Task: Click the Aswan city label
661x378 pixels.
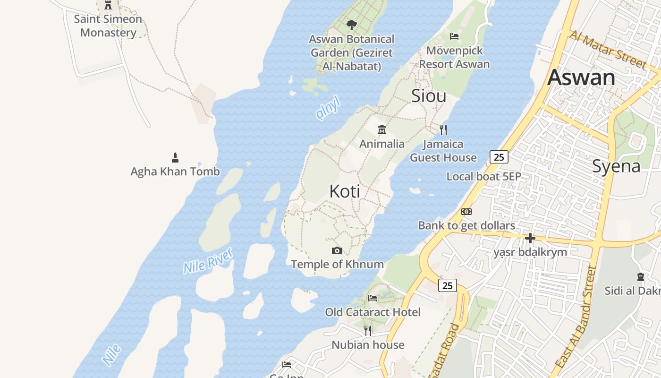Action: [581, 77]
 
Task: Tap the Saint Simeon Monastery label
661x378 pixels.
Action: [108, 26]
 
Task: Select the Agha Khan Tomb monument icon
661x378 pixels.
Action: [175, 157]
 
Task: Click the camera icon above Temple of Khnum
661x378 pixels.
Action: [337, 250]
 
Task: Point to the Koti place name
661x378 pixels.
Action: [345, 191]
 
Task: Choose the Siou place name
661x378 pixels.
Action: [429, 96]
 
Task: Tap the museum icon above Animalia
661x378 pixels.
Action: [382, 130]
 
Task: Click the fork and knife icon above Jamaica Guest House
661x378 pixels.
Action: [443, 130]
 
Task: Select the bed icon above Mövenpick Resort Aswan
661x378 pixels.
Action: [454, 36]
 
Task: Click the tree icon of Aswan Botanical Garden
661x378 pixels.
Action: [351, 25]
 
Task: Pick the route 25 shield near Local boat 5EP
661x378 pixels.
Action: [499, 156]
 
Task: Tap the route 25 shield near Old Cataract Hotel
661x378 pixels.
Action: [447, 285]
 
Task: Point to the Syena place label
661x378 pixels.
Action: [616, 166]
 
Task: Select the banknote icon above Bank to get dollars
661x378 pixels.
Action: [466, 212]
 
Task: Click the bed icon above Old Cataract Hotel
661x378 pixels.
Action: [373, 298]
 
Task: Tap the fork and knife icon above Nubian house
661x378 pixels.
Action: [368, 330]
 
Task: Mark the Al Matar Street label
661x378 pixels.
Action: [608, 49]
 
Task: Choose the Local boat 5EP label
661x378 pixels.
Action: [483, 176]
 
